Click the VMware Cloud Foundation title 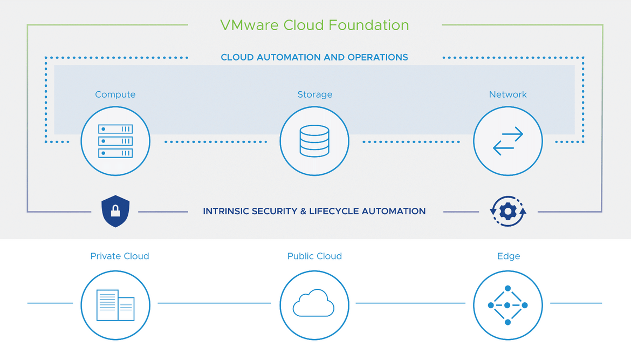click(x=314, y=25)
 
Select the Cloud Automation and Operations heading click(x=314, y=57)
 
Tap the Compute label click(x=115, y=94)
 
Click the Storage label click(x=315, y=94)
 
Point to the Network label click(x=508, y=94)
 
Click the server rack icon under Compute click(x=115, y=141)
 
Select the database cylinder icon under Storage click(x=314, y=141)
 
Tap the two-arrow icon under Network click(x=508, y=141)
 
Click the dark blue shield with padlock click(x=115, y=211)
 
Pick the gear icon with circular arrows click(x=508, y=211)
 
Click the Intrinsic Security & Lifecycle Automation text click(x=314, y=211)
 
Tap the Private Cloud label click(x=120, y=256)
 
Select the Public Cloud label click(x=315, y=256)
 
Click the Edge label click(x=509, y=256)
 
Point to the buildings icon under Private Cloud click(x=115, y=305)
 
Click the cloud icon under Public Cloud click(x=313, y=303)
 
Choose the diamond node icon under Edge click(x=508, y=305)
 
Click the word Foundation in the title click(x=368, y=25)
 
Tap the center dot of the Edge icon click(x=507, y=305)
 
